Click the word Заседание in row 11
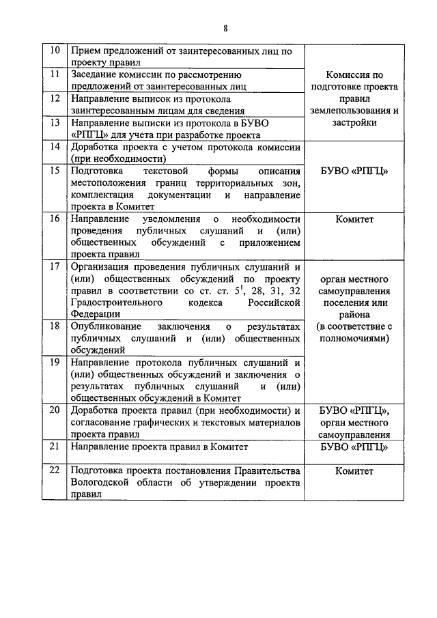coord(94,74)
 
